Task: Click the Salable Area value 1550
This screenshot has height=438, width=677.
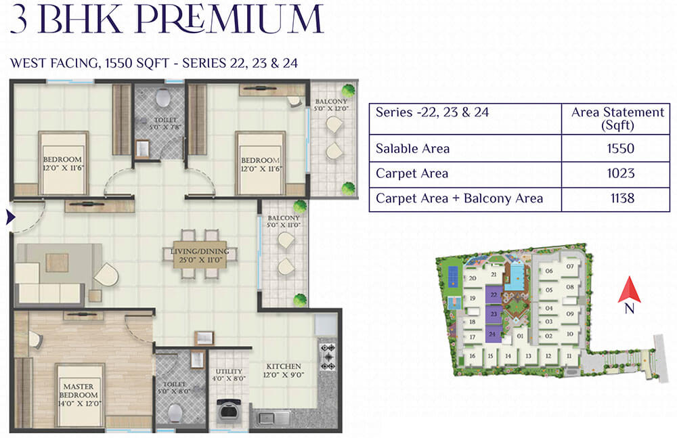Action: (620, 148)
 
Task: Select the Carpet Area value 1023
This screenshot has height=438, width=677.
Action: (620, 173)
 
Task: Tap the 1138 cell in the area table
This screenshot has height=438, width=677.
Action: (622, 198)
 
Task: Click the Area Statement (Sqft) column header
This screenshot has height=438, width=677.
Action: (617, 118)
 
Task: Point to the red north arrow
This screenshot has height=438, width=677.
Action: (629, 290)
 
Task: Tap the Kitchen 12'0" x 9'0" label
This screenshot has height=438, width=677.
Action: (284, 370)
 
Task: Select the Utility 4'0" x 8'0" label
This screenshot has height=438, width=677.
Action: (229, 374)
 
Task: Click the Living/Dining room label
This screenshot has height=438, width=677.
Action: (200, 255)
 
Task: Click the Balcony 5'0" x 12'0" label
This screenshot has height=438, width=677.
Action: (331, 104)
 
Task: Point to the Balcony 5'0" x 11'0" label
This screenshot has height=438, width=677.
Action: (283, 221)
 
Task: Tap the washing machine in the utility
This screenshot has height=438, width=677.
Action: (228, 411)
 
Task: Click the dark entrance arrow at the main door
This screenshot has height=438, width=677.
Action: (10, 217)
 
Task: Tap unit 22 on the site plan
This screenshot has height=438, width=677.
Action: (494, 295)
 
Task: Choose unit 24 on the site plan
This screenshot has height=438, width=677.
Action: (493, 334)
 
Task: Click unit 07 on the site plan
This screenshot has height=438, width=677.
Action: (570, 266)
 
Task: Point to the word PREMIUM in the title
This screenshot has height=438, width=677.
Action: (230, 19)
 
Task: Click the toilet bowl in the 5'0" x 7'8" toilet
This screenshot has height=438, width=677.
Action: (162, 97)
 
